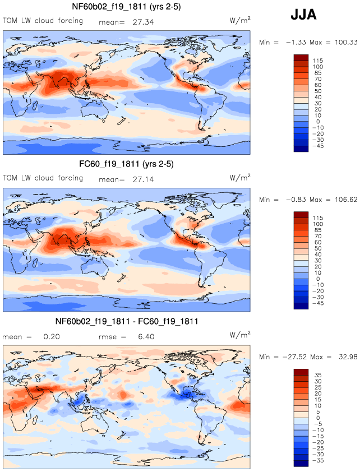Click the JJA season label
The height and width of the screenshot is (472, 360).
pyautogui.click(x=303, y=15)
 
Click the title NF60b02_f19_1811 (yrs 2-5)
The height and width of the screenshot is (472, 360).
pyautogui.click(x=126, y=7)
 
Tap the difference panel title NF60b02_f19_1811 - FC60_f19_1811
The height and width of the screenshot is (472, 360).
pyautogui.click(x=126, y=321)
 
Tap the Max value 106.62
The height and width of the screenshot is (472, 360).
pyautogui.click(x=342, y=200)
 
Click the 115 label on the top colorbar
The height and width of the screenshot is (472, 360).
pyautogui.click(x=319, y=60)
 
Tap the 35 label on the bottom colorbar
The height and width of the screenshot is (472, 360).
pyautogui.click(x=318, y=375)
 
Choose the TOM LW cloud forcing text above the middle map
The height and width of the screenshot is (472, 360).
pyautogui.click(x=43, y=178)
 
